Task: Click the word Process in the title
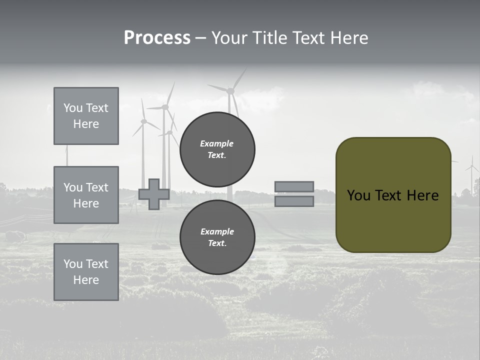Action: (x=157, y=38)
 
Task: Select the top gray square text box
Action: (x=86, y=116)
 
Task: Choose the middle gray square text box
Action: (x=86, y=195)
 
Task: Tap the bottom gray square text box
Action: (x=86, y=271)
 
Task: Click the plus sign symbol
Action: (x=154, y=194)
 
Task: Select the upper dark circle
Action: (x=217, y=149)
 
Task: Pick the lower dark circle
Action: (x=217, y=237)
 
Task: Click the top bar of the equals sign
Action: (x=294, y=186)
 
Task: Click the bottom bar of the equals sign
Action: (x=294, y=201)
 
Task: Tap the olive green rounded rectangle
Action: (x=393, y=220)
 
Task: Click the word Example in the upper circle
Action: (x=216, y=143)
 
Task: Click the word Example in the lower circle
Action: (x=217, y=231)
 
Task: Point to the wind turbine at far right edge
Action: (x=471, y=172)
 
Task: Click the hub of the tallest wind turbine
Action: (x=230, y=91)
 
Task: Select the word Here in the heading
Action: (x=349, y=38)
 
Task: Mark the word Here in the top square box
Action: (x=86, y=124)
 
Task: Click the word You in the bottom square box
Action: (x=73, y=263)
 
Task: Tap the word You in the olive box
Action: (x=358, y=195)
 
